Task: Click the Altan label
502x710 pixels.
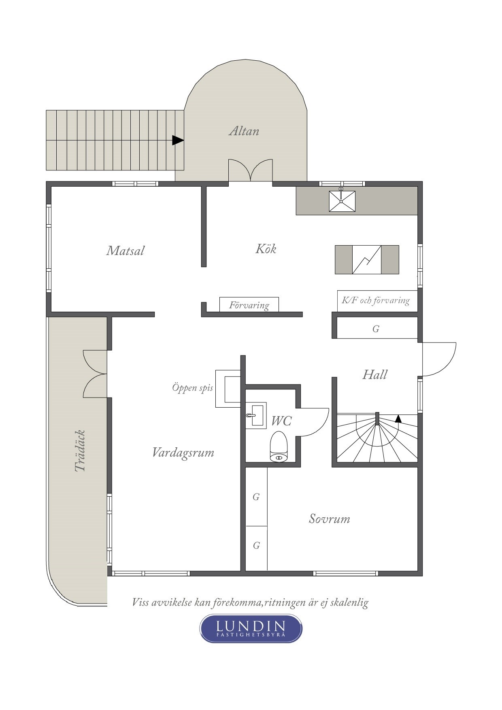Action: [x=244, y=131]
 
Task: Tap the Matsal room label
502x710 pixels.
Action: [x=125, y=251]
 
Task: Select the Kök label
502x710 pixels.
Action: [x=266, y=249]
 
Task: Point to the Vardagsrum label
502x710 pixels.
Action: [x=183, y=452]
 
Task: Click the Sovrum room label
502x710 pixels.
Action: [x=329, y=519]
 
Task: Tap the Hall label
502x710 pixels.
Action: [x=374, y=374]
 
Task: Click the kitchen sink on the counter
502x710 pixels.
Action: [x=342, y=201]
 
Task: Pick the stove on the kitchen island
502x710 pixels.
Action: [x=367, y=259]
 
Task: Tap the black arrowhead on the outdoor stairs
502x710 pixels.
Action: [x=178, y=140]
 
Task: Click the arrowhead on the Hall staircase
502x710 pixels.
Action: [x=398, y=419]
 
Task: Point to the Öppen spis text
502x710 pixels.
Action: [x=192, y=388]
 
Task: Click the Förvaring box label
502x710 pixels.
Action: [x=249, y=305]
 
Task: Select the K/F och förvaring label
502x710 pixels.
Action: [x=376, y=300]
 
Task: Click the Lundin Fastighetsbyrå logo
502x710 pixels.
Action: [x=251, y=628]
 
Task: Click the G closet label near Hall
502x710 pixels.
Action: [x=376, y=329]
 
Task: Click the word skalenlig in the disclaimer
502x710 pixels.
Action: [x=349, y=602]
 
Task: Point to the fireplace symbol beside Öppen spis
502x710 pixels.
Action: [x=228, y=388]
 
